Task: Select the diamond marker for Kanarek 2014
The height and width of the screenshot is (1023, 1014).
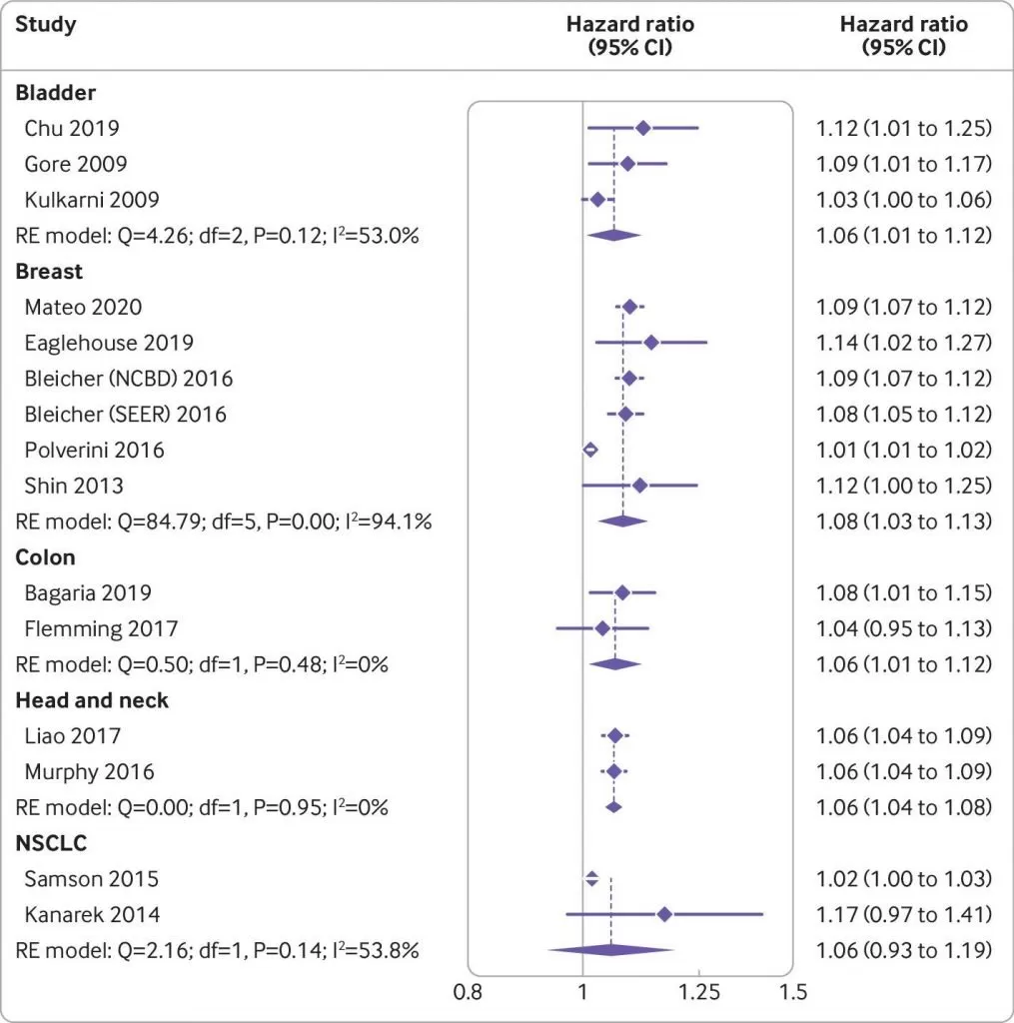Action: pyautogui.click(x=664, y=914)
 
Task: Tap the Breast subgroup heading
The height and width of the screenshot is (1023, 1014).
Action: pyautogui.click(x=49, y=271)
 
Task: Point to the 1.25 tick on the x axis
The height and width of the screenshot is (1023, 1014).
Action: pyautogui.click(x=698, y=993)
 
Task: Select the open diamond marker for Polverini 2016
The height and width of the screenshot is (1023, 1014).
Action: pyautogui.click(x=589, y=451)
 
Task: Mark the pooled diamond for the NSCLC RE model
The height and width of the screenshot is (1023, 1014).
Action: pyautogui.click(x=610, y=950)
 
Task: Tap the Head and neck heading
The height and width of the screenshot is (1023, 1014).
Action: pyautogui.click(x=92, y=700)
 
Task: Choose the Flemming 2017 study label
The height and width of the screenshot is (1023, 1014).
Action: pyautogui.click(x=101, y=628)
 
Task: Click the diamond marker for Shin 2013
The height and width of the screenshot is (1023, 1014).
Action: pyautogui.click(x=639, y=486)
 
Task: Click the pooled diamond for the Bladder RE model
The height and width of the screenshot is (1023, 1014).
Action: pyautogui.click(x=610, y=236)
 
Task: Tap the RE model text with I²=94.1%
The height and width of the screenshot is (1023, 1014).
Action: pyautogui.click(x=224, y=521)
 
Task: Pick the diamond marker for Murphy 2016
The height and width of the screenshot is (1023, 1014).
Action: pyautogui.click(x=613, y=771)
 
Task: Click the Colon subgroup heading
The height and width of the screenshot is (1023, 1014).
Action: pyautogui.click(x=45, y=557)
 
